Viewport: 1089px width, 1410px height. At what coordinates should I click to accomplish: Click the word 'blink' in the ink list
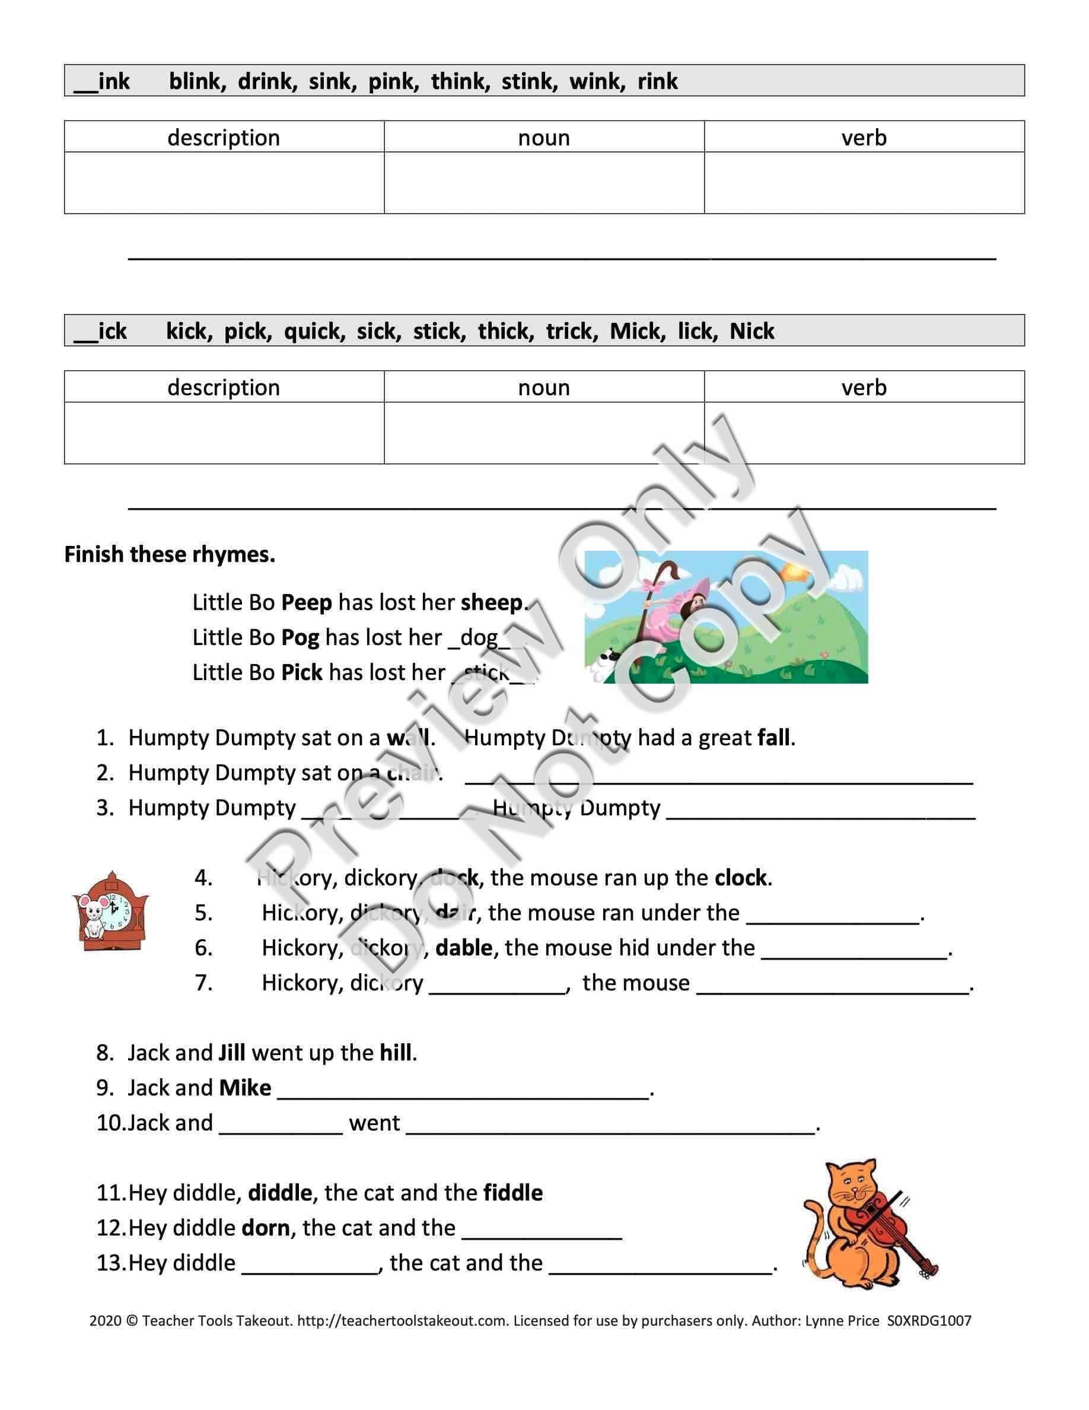point(197,81)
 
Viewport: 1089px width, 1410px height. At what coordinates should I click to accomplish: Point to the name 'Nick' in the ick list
point(752,331)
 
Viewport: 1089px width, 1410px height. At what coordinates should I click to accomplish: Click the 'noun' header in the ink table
point(544,138)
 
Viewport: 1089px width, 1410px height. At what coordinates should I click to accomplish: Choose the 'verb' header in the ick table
point(864,388)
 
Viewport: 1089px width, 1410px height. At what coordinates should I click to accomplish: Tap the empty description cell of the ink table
point(224,183)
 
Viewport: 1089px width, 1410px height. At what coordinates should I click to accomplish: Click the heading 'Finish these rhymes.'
point(170,554)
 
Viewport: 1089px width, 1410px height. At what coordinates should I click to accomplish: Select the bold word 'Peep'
point(307,602)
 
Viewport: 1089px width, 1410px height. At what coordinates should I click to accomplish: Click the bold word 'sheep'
point(491,602)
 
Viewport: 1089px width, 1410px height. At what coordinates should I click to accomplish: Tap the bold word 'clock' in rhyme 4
point(741,877)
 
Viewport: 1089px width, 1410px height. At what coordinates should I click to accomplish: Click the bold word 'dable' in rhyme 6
point(464,947)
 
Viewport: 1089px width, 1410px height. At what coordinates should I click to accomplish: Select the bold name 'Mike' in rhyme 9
point(245,1087)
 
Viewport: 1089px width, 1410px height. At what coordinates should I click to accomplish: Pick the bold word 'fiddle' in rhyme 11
point(513,1192)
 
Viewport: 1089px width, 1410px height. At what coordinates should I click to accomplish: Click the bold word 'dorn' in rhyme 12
point(266,1227)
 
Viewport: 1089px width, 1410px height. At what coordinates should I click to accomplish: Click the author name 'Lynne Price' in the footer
point(841,1321)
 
